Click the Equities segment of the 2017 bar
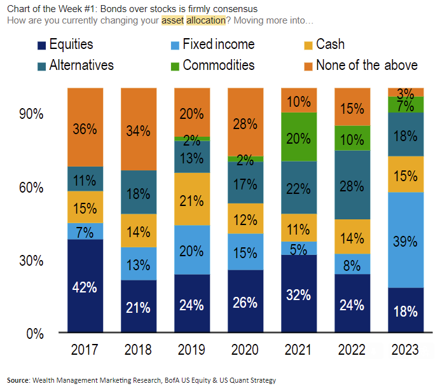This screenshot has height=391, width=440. (x=85, y=286)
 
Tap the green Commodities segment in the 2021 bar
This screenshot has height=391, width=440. (x=298, y=137)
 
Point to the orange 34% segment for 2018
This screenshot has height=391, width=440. (x=138, y=130)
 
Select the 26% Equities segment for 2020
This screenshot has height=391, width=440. (x=245, y=301)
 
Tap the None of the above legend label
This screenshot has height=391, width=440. (x=367, y=65)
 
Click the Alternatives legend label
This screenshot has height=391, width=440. (x=81, y=65)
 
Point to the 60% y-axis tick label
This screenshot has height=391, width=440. (x=31, y=188)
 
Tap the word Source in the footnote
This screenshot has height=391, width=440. (x=18, y=380)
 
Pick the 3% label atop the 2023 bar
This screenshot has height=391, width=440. (x=405, y=93)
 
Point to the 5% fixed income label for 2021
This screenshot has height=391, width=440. (x=298, y=248)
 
